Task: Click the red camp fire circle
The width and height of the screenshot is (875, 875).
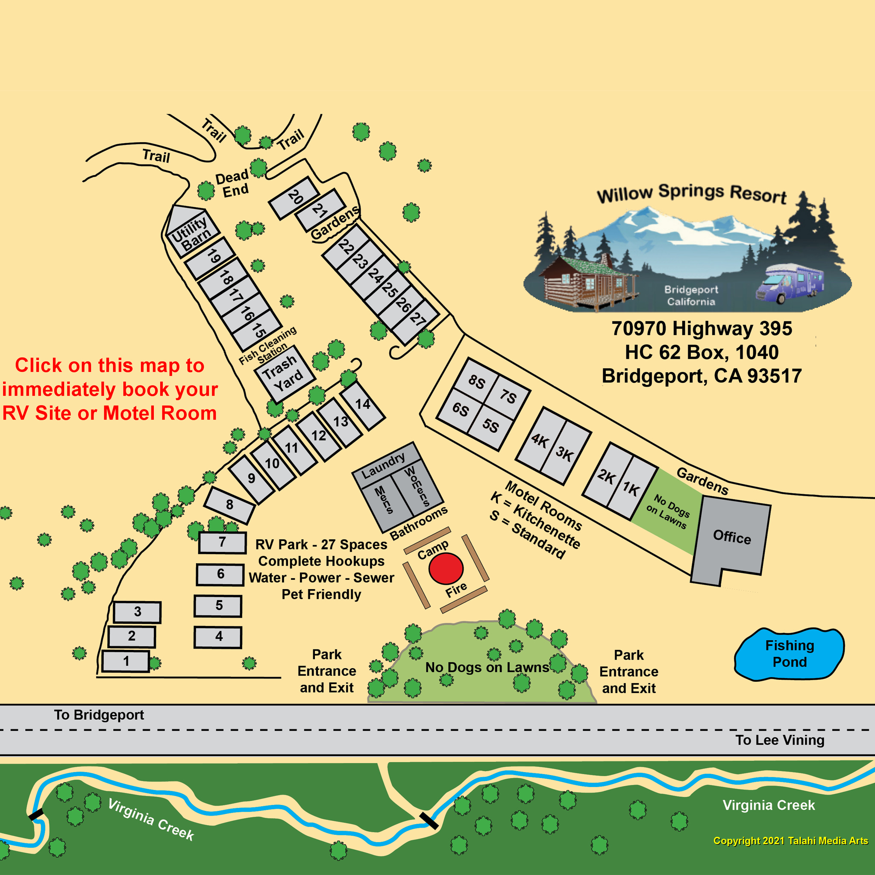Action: coord(446,569)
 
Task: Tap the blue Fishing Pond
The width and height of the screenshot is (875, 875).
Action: coord(790,654)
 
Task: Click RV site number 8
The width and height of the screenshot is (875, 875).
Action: coord(229,505)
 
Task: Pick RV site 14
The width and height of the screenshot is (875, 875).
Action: coord(363,405)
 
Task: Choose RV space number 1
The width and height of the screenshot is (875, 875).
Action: coord(126,661)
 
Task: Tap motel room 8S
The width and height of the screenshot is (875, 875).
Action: coord(476,382)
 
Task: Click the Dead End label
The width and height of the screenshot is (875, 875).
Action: coord(232,183)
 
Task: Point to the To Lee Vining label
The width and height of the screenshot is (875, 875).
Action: coord(779,740)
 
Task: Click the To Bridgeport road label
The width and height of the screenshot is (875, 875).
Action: coord(99,715)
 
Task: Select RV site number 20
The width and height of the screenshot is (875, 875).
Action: coord(294,197)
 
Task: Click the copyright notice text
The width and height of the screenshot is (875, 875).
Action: coord(790,840)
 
